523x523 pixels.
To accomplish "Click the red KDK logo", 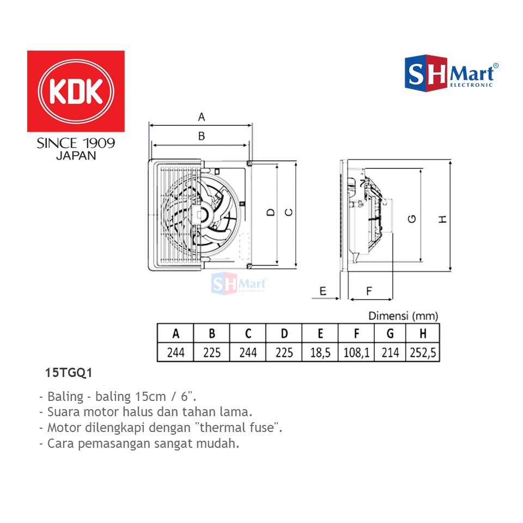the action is pyautogui.click(x=76, y=91).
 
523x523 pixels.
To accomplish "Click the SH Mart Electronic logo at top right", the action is pyautogui.click(x=452, y=73).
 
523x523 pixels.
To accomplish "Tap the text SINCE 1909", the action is pyautogui.click(x=76, y=143).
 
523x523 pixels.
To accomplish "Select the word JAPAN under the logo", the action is pyautogui.click(x=76, y=156).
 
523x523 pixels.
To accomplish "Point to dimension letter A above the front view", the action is pyautogui.click(x=202, y=117).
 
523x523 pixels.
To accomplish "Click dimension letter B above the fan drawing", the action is pyautogui.click(x=202, y=136).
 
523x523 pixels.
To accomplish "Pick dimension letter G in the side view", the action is pyautogui.click(x=412, y=219).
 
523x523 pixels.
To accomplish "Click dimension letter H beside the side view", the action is pyautogui.click(x=442, y=219).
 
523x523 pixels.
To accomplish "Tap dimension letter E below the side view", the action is pyautogui.click(x=323, y=291).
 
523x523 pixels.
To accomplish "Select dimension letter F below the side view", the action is pyautogui.click(x=369, y=291).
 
